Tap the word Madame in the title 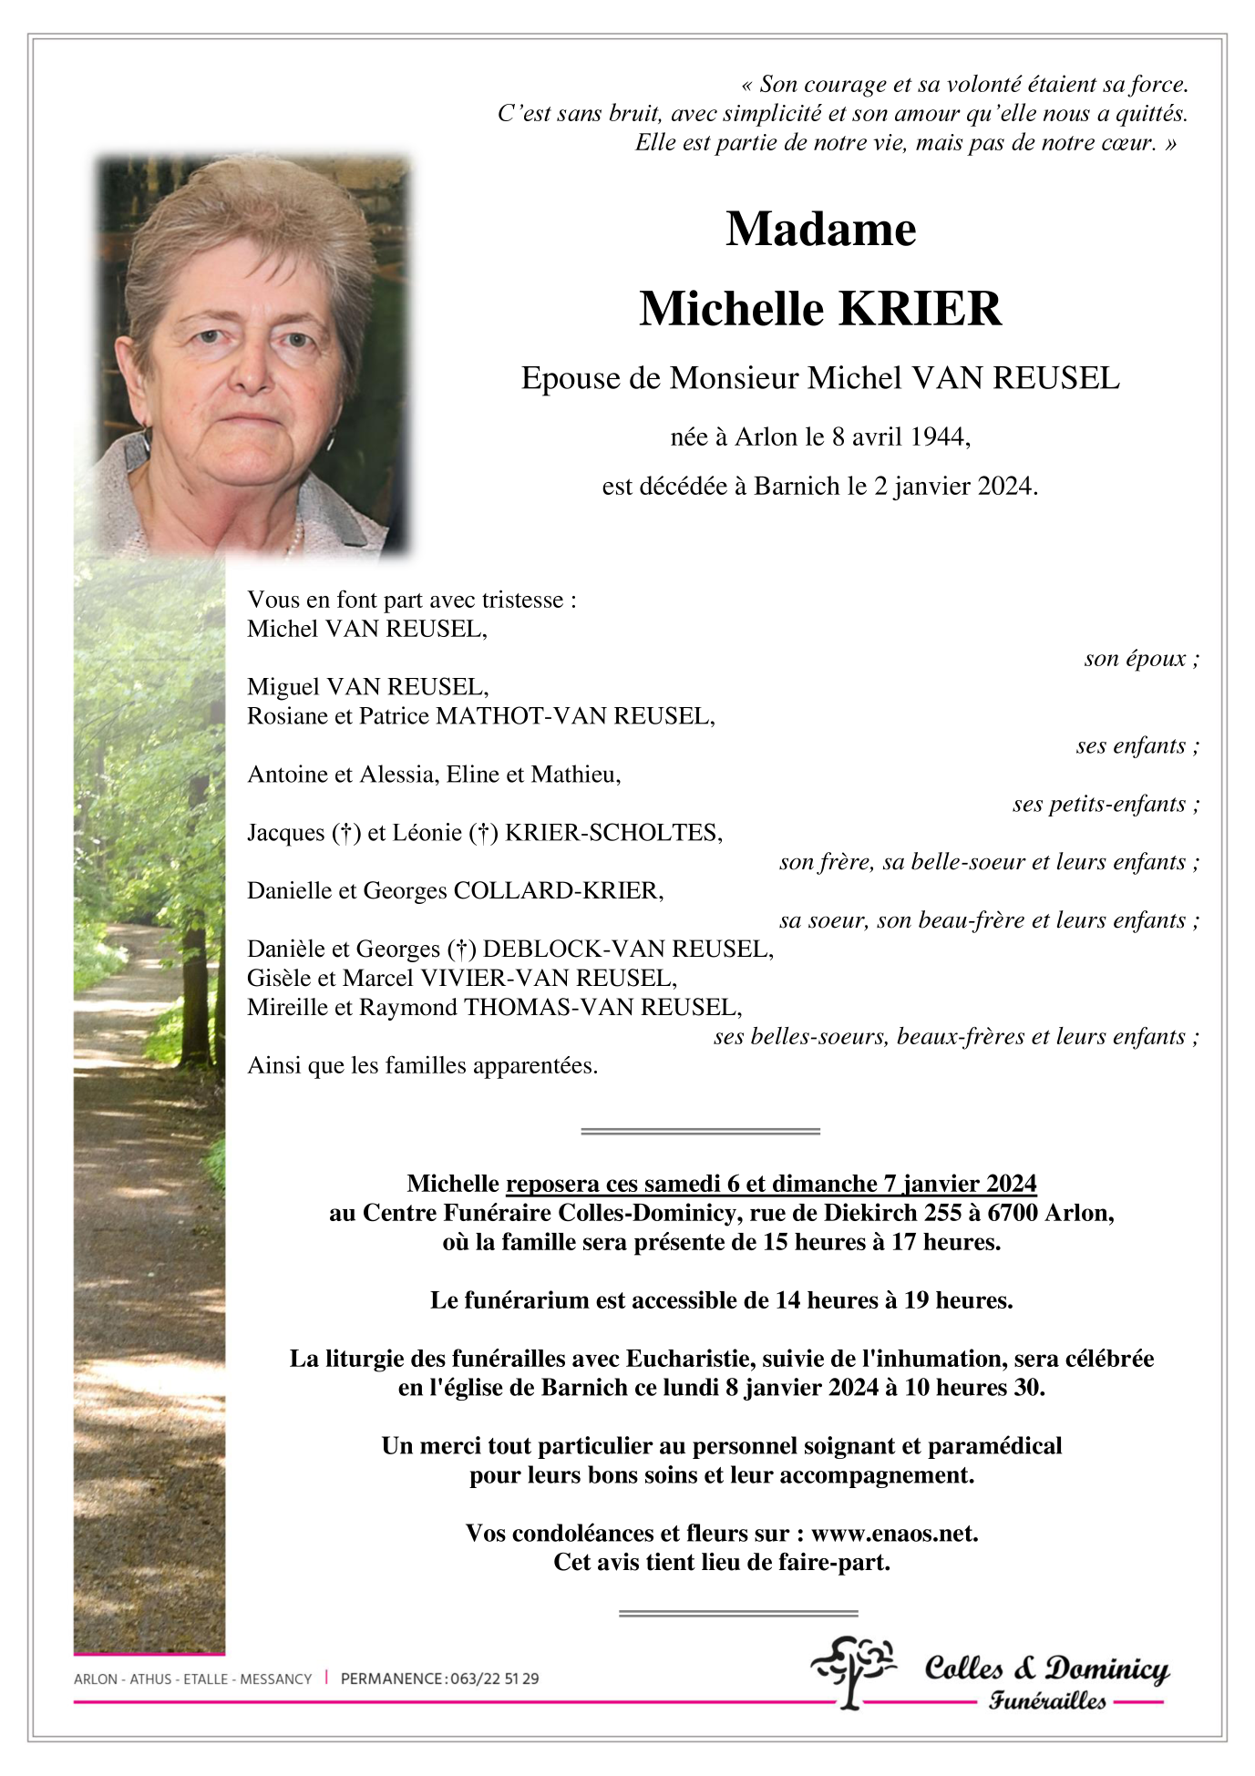[820, 229]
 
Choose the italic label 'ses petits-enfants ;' [1106, 804]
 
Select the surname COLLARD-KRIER [558, 890]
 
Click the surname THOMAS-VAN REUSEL [602, 1007]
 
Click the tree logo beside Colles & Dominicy [853, 1670]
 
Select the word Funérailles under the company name [1047, 1700]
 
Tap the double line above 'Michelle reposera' [700, 1131]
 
